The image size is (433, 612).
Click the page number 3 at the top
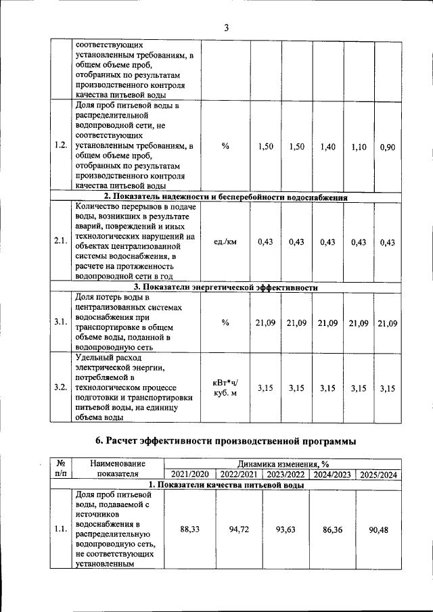pyautogui.click(x=227, y=28)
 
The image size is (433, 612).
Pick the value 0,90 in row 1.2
pyautogui.click(x=388, y=147)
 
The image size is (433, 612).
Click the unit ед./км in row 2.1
pyautogui.click(x=226, y=243)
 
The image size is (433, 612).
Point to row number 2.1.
pyautogui.click(x=61, y=243)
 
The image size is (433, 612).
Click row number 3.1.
pyautogui.click(x=61, y=322)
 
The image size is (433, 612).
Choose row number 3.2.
pyautogui.click(x=61, y=388)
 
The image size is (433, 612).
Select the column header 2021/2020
pyautogui.click(x=190, y=475)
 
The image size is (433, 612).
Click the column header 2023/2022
pyautogui.click(x=286, y=475)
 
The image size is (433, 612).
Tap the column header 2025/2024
pyautogui.click(x=378, y=475)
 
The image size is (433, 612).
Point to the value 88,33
pyautogui.click(x=190, y=529)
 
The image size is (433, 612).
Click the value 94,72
pyautogui.click(x=240, y=529)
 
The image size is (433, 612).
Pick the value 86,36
pyautogui.click(x=332, y=529)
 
